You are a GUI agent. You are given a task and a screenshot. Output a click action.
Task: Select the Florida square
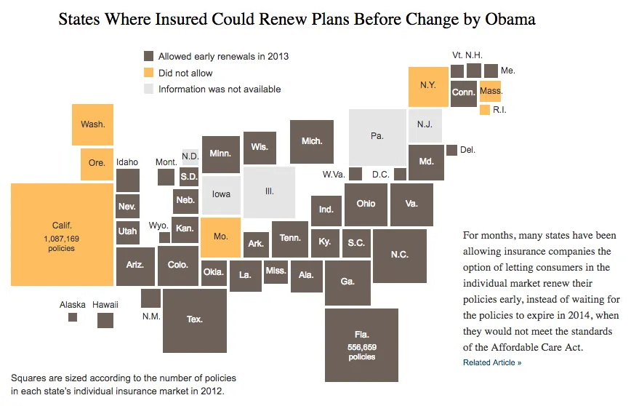pos(361,345)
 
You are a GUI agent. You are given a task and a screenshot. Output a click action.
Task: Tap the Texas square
pos(194,320)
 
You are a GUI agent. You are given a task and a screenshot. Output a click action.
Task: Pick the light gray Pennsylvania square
pos(377,137)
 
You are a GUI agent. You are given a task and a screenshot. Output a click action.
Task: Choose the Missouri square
pos(220,237)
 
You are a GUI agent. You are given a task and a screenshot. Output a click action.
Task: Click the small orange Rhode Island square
pos(484,110)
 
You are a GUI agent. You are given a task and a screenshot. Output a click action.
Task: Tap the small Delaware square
pos(451,150)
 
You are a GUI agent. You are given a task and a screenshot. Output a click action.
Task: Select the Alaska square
pos(73,317)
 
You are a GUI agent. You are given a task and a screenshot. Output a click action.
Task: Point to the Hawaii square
pos(105,320)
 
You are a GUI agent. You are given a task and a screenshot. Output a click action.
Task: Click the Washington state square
pos(92,124)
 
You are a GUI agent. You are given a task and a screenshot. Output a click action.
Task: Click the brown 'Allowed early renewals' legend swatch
pos(148,56)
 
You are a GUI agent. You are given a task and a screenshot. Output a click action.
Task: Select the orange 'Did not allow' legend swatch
pos(148,73)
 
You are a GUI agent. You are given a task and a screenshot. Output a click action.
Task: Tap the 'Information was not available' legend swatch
pos(148,89)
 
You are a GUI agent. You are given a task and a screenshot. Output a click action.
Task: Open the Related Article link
pos(491,362)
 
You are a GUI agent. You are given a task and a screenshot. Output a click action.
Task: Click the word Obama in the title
pos(508,20)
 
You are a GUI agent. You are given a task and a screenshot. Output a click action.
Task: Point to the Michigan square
pos(312,141)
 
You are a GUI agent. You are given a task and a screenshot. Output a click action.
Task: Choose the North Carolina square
pos(399,255)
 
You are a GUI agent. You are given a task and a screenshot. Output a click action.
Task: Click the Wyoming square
pos(164,237)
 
